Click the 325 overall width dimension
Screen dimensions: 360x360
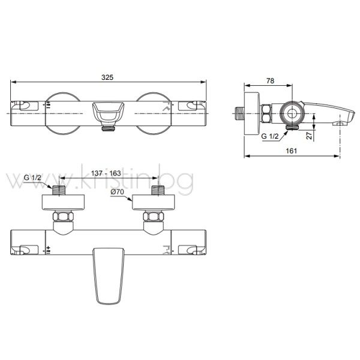coord(107,77)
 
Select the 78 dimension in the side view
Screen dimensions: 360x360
coord(270,81)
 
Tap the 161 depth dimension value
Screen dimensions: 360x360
coord(292,151)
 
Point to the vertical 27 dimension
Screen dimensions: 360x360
coord(310,135)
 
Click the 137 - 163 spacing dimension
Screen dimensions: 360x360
coord(106,173)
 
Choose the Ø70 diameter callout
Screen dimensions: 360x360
coord(117,191)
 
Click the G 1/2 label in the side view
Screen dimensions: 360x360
coord(270,136)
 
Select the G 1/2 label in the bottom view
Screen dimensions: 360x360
coord(32,178)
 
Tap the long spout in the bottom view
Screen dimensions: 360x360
coord(109,276)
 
